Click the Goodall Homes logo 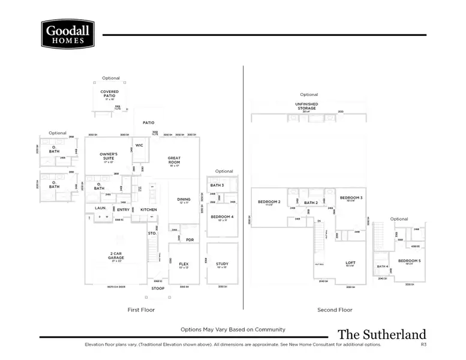tap(67, 34)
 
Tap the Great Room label tap(174, 160)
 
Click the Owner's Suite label tap(109, 156)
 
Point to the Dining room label tap(184, 200)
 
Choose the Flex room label tap(184, 264)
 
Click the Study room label tap(222, 264)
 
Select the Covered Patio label tap(109, 94)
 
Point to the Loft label tap(350, 263)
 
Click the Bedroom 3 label tap(351, 198)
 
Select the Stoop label tap(158, 289)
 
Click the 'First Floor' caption tap(142, 310)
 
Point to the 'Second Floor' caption tap(335, 310)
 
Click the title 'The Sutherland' tap(381, 335)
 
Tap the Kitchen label tap(148, 209)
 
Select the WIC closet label tap(139, 145)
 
